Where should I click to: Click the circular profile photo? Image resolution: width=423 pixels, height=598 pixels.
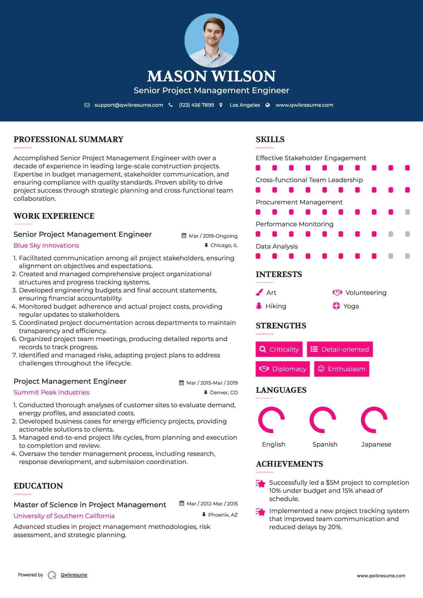(211, 40)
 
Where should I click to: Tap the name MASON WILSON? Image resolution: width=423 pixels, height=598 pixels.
(211, 76)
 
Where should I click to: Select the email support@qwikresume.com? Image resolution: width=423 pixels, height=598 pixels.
(129, 105)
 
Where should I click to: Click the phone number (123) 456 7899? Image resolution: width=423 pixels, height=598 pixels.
(196, 105)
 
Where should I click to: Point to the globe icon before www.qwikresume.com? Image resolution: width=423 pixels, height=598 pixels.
(268, 105)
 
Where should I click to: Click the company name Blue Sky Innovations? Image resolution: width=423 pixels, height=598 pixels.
(46, 246)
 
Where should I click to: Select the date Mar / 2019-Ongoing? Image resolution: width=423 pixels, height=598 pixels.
(213, 236)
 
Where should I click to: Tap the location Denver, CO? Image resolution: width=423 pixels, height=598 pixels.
(224, 392)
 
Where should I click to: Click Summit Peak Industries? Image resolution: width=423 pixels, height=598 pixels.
(51, 392)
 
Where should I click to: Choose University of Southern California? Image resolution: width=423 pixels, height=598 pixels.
(64, 516)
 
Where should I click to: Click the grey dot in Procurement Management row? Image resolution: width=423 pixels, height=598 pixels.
(407, 212)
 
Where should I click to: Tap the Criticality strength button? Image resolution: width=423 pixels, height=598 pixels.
(279, 349)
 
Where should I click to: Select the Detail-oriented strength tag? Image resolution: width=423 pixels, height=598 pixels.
(340, 349)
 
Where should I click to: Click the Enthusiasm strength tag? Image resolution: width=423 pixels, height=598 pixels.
(342, 369)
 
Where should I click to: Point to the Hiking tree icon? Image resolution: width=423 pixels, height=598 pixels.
(259, 306)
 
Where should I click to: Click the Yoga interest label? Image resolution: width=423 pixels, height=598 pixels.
(351, 306)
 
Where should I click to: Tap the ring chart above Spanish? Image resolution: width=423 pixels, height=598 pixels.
(323, 420)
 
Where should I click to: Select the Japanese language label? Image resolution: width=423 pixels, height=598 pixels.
(376, 444)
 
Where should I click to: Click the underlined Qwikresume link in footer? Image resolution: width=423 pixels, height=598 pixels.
(74, 575)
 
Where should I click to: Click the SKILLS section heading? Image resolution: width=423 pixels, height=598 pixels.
(270, 139)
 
